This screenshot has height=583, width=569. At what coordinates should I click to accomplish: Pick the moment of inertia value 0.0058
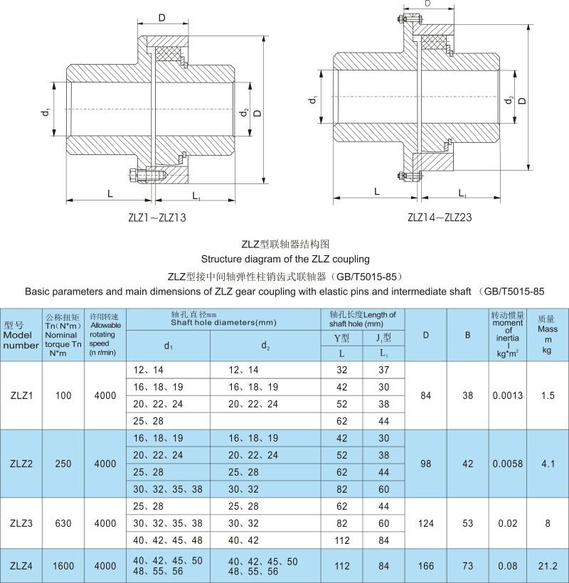coord(509,463)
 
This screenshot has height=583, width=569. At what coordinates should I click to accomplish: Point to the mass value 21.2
coord(548,566)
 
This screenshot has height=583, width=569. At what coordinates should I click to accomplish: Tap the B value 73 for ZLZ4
coord(467,566)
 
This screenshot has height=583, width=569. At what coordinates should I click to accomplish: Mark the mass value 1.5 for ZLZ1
coord(548,395)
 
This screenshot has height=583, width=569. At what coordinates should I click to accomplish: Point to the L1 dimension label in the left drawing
coord(197,194)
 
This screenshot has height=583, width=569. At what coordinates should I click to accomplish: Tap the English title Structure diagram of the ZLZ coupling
coord(285,258)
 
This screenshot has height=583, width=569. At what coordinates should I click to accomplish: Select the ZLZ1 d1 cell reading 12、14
coord(148,370)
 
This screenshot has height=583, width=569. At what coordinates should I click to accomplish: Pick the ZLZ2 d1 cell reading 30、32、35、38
coord(168,488)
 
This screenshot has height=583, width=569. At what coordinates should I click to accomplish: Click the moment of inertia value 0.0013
coord(509,395)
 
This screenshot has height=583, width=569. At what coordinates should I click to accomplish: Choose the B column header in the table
coord(467,334)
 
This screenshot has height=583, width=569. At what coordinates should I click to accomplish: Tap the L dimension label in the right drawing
coord(376,191)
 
